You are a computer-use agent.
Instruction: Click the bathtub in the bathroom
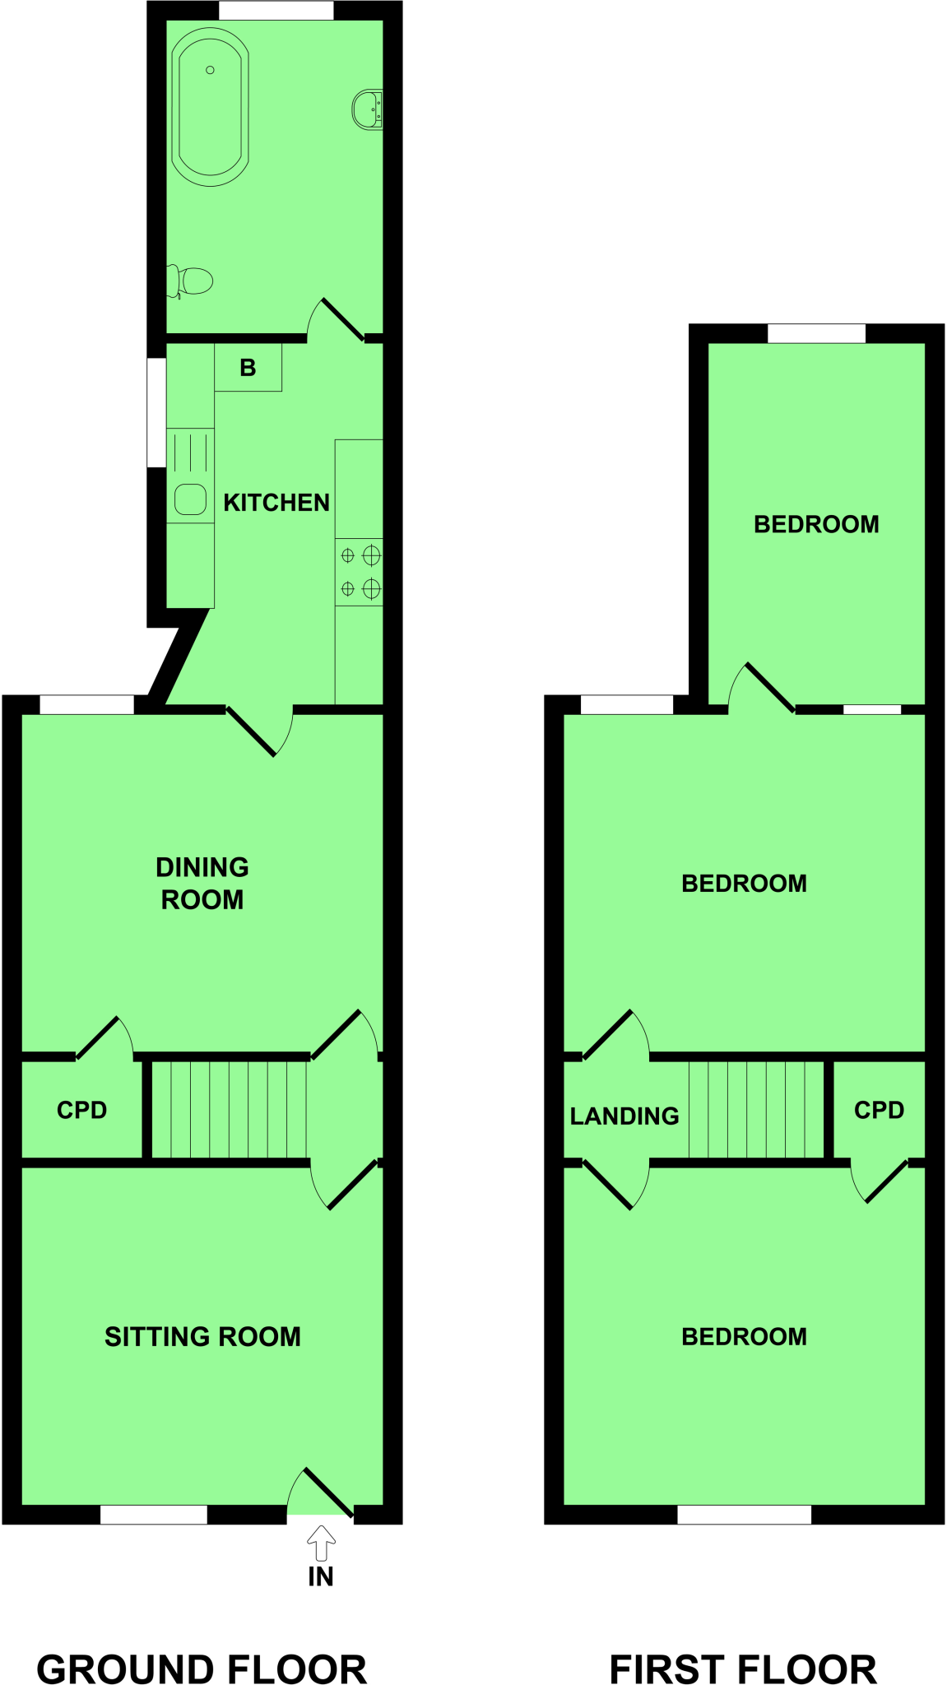point(211,108)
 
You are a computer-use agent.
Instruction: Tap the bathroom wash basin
point(367,109)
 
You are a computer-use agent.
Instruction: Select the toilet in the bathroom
point(193,281)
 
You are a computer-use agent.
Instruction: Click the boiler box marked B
point(248,368)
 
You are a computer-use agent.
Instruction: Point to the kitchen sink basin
point(190,499)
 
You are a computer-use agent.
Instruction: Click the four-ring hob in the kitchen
point(360,572)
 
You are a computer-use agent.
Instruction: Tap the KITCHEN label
point(276,503)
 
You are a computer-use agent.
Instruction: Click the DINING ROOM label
point(202,884)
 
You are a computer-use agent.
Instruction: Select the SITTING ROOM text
point(202,1337)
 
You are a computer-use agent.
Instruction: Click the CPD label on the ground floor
point(81,1111)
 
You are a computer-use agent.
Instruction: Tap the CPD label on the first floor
point(879,1111)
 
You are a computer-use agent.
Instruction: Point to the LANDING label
point(624,1116)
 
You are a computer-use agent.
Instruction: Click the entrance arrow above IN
point(321,1543)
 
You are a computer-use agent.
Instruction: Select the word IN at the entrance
point(321,1577)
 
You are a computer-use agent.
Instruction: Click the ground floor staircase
point(230,1109)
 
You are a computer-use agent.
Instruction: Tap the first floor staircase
point(756,1109)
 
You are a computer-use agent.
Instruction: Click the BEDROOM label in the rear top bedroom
point(816,525)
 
